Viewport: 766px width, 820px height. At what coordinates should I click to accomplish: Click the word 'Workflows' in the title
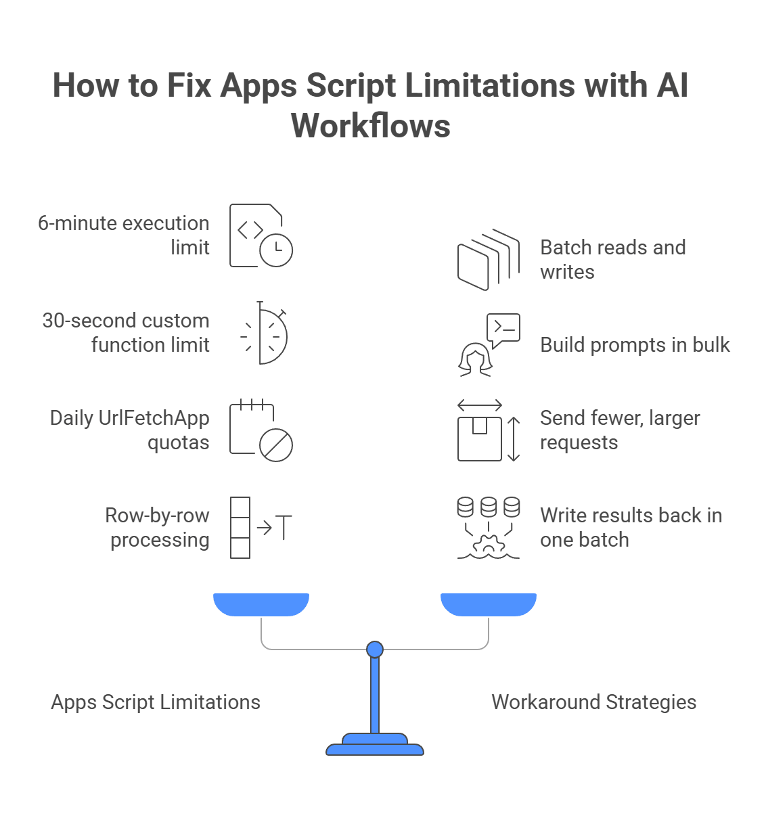click(370, 126)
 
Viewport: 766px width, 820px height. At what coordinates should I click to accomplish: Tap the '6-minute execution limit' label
click(124, 235)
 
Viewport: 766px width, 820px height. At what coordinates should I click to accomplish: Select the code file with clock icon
click(261, 235)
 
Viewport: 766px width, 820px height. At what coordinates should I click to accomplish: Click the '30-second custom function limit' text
click(127, 332)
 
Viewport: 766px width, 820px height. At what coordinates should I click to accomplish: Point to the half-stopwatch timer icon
click(266, 333)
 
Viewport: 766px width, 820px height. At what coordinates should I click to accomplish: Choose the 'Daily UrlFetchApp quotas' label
click(130, 430)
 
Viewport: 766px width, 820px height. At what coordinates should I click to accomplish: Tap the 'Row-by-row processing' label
click(158, 527)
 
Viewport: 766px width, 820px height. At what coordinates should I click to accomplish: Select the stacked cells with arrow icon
click(261, 528)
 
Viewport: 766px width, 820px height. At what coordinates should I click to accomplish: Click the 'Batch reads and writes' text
click(612, 259)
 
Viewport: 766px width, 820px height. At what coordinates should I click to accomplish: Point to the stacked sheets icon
click(489, 259)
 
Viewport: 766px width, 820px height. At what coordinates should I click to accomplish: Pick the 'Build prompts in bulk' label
click(635, 345)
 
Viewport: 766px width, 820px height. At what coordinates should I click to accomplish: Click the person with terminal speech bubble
click(489, 345)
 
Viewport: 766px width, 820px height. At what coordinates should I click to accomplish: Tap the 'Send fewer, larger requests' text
click(619, 430)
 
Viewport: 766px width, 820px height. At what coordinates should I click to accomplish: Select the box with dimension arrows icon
click(489, 430)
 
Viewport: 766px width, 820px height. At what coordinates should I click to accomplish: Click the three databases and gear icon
click(489, 528)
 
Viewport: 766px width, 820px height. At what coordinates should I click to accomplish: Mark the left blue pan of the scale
click(261, 604)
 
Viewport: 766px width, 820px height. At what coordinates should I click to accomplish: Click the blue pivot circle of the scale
click(375, 650)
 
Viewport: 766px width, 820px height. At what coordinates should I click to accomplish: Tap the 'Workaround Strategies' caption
click(593, 702)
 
